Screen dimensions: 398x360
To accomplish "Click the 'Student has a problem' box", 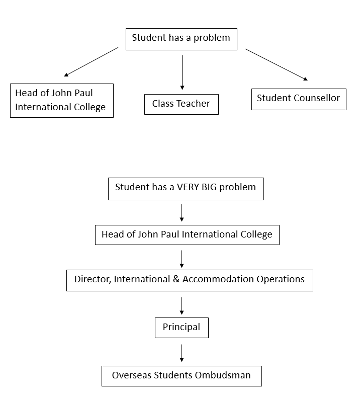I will tap(181, 39).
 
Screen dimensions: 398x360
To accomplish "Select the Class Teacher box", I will tap(181, 104).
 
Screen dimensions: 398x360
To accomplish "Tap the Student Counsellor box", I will tap(299, 99).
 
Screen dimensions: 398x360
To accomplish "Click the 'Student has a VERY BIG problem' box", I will tap(186, 188).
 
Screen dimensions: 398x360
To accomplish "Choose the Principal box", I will tap(181, 328).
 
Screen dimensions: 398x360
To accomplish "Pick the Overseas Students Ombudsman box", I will tap(181, 376).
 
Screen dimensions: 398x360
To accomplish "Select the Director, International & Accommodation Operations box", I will tap(189, 280).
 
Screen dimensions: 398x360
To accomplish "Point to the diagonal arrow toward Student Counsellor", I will tap(276, 64).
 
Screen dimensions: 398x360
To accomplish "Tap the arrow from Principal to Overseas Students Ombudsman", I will tap(182, 352).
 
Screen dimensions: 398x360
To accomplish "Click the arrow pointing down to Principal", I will tap(182, 306).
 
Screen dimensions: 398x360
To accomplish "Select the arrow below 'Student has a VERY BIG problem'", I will tap(182, 212).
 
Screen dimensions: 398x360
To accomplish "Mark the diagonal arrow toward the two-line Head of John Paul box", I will tap(92, 62).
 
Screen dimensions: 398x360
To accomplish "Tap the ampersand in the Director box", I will tap(176, 279).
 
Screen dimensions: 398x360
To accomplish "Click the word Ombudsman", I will tap(225, 375).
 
